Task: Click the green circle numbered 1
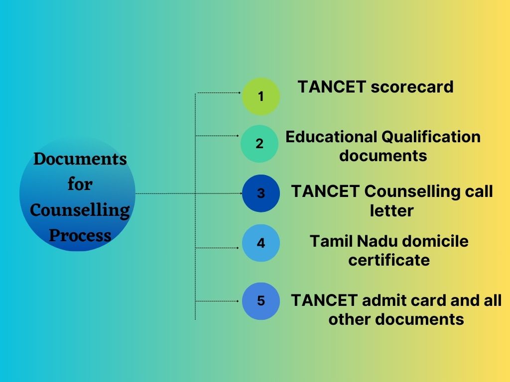261,96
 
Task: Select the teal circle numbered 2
259,144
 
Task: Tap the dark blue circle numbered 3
261,193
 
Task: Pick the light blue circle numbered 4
261,243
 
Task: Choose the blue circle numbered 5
261,301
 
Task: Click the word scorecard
412,87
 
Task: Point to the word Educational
330,137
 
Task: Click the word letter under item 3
391,211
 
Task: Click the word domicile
435,242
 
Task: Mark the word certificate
388,260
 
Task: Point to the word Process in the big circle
80,235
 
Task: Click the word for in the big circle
80,185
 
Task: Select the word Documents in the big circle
80,159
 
